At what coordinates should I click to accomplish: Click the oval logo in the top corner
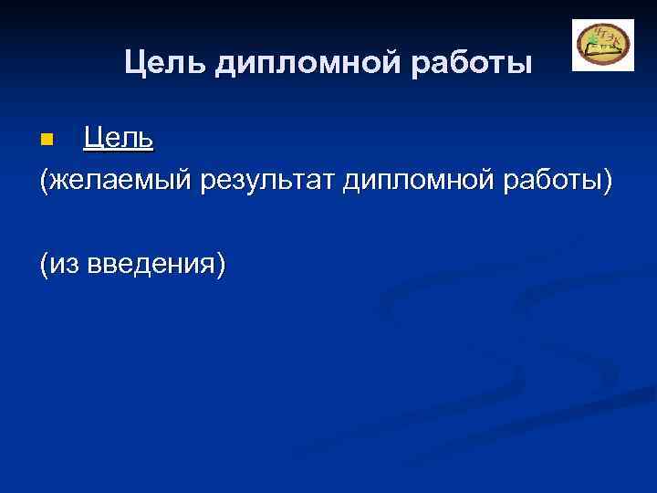pyautogui.click(x=602, y=45)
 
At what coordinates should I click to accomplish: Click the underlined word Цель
pyautogui.click(x=118, y=139)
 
